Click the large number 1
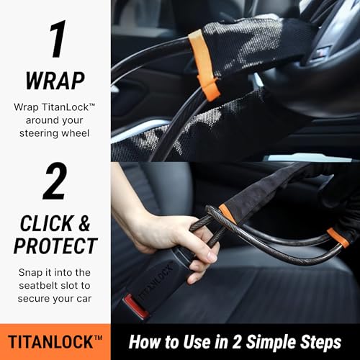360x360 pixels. click(x=57, y=39)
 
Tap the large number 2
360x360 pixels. click(x=55, y=181)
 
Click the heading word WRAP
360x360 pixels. click(x=55, y=81)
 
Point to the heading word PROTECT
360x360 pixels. click(x=55, y=246)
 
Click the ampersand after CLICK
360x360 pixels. click(x=84, y=223)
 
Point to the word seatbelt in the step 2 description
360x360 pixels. click(x=39, y=285)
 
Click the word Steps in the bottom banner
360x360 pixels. click(x=321, y=342)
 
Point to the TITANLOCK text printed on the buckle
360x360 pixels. click(x=156, y=282)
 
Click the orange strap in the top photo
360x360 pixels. click(x=204, y=66)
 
